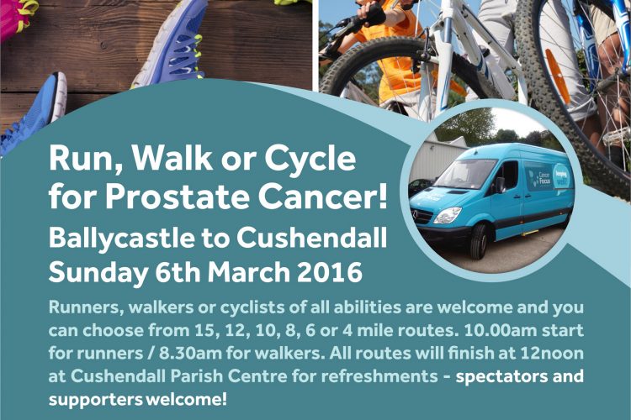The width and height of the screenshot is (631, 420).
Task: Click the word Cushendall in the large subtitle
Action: (312, 238)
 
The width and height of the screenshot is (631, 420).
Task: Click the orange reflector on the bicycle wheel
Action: (557, 76)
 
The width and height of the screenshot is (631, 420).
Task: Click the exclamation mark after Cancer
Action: (382, 197)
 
